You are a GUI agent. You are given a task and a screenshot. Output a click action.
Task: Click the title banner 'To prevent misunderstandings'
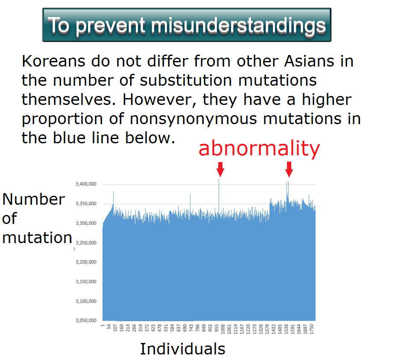187,25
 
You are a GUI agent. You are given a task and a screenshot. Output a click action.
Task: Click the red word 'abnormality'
259,148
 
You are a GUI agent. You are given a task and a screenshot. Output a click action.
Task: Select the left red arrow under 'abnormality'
220,169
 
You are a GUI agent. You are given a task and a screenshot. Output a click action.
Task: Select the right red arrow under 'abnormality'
289,169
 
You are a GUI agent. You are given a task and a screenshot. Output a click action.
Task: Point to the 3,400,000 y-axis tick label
86,184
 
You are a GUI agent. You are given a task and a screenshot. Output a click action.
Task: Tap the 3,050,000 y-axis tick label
86,320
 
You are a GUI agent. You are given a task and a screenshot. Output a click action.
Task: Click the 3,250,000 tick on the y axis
86,243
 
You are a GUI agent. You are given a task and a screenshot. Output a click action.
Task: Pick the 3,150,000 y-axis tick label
86,282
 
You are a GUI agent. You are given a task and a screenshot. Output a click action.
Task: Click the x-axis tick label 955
217,328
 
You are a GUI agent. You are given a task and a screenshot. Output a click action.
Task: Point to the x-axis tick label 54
109,327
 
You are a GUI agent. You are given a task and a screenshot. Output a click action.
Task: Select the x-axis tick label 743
191,328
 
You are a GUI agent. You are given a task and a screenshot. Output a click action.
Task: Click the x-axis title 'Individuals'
182,349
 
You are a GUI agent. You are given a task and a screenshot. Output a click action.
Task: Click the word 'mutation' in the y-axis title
37,238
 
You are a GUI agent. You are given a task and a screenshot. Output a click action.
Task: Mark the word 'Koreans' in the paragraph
53,61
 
